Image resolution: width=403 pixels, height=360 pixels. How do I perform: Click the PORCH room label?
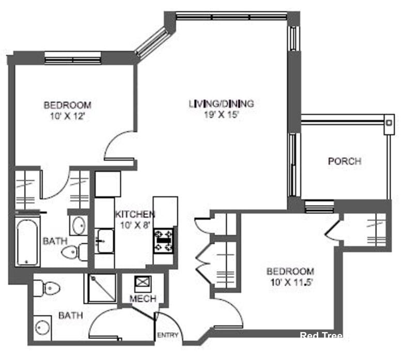click(345, 161)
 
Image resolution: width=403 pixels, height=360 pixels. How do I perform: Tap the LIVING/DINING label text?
click(221, 103)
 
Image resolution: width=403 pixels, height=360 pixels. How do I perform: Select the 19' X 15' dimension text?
click(221, 115)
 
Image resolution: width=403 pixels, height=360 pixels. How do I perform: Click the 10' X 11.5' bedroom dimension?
click(290, 283)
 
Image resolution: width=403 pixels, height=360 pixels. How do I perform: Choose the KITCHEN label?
click(135, 214)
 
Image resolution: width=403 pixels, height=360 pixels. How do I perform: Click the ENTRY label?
click(168, 335)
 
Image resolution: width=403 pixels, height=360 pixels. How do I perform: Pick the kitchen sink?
click(105, 241)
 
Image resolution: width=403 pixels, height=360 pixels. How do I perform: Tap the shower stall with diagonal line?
click(100, 288)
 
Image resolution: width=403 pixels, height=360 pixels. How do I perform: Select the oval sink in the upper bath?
click(79, 225)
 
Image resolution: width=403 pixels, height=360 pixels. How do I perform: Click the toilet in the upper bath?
click(71, 253)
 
